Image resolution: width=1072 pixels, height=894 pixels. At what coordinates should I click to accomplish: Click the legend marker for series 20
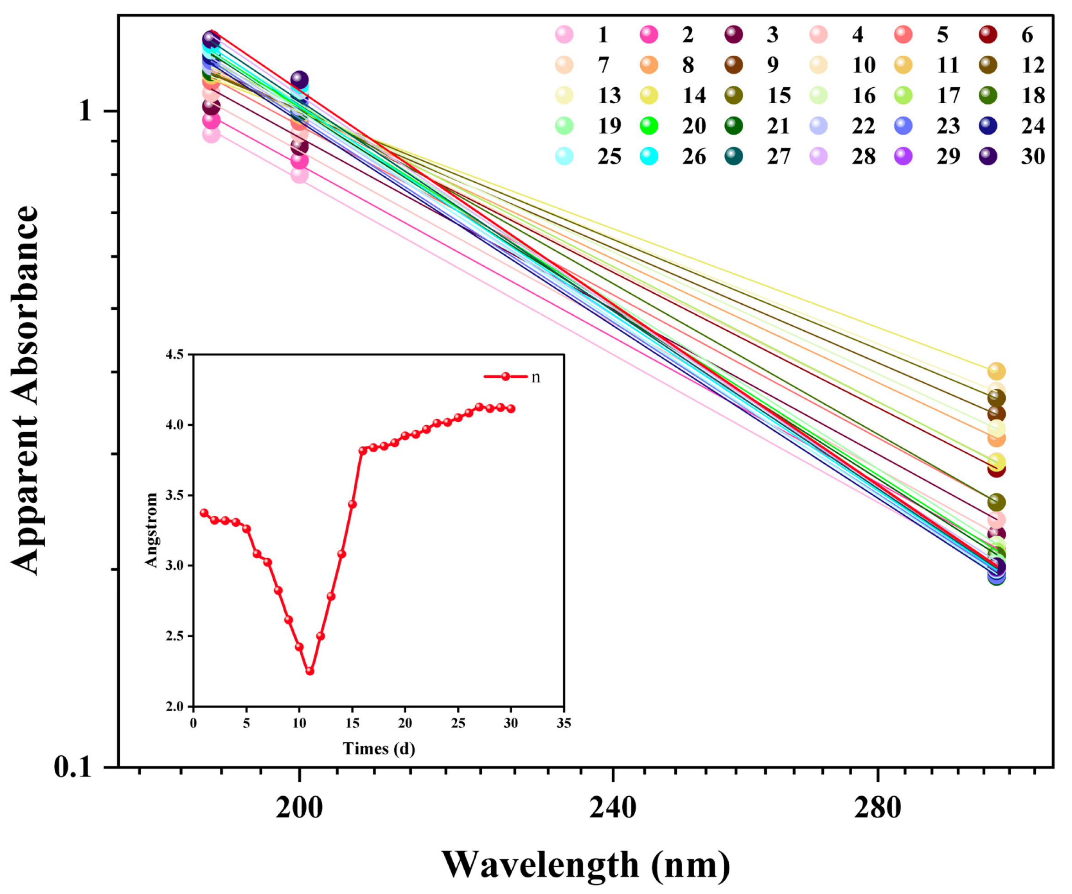[x=648, y=126]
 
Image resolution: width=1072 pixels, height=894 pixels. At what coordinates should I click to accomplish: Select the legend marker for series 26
[x=648, y=156]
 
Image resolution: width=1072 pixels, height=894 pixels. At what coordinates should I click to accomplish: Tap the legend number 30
[x=1033, y=156]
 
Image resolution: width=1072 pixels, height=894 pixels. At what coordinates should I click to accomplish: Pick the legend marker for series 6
[x=988, y=35]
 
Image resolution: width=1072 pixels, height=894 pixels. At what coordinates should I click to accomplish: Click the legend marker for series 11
[x=903, y=65]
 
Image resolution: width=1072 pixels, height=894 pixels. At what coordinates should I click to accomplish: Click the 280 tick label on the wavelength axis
[x=877, y=808]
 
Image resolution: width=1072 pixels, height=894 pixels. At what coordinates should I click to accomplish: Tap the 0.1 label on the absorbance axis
[x=73, y=767]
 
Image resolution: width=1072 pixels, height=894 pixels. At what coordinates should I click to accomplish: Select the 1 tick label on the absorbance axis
[x=85, y=110]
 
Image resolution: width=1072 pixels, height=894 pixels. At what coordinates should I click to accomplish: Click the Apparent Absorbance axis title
[x=25, y=391]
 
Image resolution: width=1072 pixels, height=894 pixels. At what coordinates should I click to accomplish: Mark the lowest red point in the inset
[x=309, y=671]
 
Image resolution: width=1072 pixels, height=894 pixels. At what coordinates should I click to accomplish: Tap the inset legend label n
[x=536, y=377]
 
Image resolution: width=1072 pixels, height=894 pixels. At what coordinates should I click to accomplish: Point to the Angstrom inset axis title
[x=151, y=530]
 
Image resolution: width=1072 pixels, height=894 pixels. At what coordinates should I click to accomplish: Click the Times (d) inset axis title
[x=379, y=749]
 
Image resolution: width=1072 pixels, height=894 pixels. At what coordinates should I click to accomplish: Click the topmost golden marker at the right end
[x=996, y=371]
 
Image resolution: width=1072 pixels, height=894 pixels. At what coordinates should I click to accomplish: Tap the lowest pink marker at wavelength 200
[x=300, y=175]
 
